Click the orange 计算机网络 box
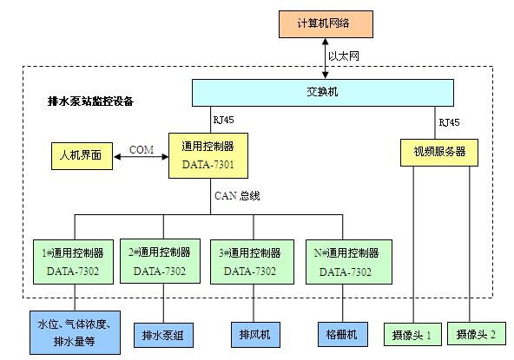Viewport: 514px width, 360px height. click(326, 24)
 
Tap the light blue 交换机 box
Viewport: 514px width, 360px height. click(323, 93)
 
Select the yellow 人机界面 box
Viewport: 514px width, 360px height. click(82, 156)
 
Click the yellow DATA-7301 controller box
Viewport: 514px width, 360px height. click(208, 155)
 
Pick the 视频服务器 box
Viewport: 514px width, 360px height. click(439, 153)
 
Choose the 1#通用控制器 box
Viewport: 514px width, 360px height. click(74, 262)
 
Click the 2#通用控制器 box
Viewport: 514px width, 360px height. click(161, 261)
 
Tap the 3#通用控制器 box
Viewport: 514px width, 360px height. click(252, 262)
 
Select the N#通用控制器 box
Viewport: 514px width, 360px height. click(349, 262)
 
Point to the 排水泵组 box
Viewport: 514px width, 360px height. click(163, 335)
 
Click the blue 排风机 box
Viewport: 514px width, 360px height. click(255, 335)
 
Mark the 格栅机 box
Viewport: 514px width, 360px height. click(343, 335)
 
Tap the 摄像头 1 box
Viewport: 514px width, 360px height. click(412, 335)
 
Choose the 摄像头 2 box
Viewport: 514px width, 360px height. click(477, 334)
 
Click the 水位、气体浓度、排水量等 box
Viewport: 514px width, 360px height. click(75, 332)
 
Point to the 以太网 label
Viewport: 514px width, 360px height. click(344, 56)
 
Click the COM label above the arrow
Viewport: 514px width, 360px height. click(142, 150)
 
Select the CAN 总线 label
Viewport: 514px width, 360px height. click(237, 195)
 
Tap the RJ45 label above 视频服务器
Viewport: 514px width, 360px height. click(449, 122)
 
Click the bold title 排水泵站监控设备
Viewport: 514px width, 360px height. click(90, 101)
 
